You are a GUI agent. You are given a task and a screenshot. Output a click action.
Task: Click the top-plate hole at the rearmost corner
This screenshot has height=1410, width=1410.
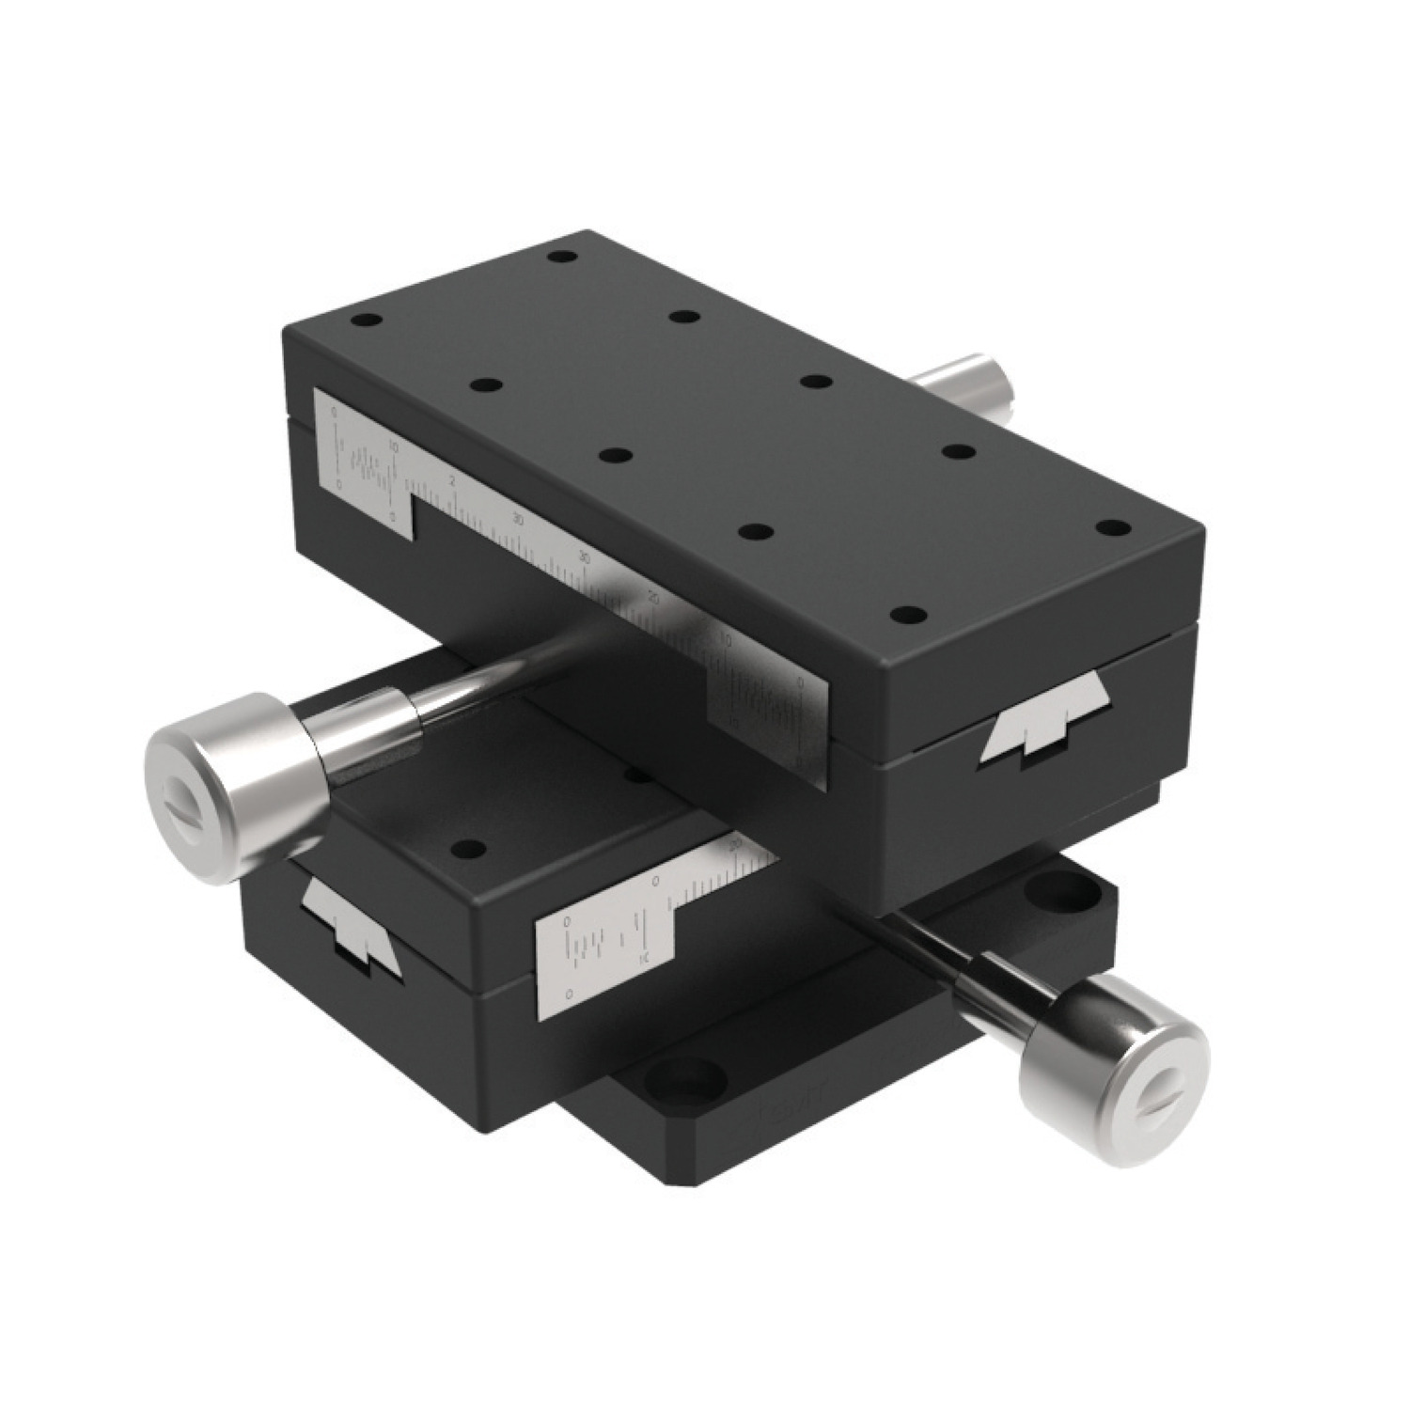[x=562, y=257]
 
